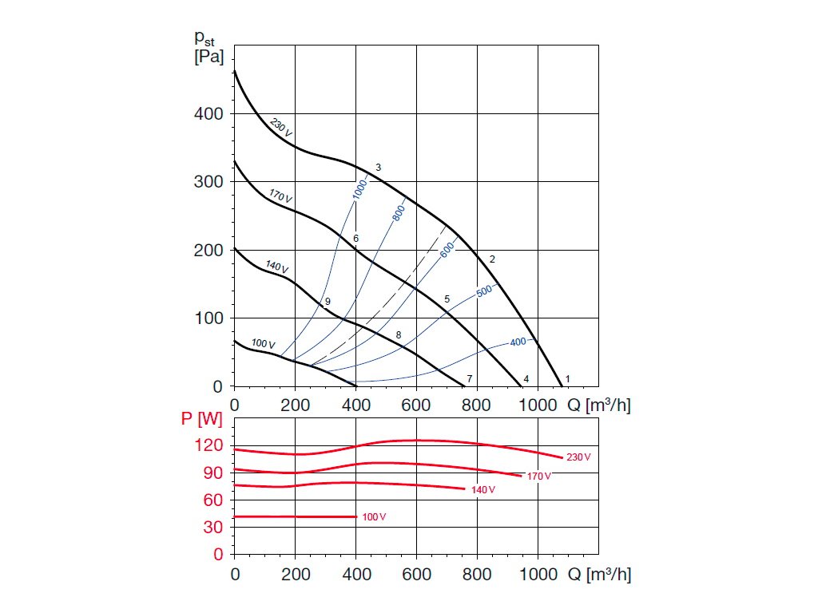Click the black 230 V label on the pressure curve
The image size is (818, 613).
(x=280, y=128)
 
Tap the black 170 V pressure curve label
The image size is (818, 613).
(x=280, y=196)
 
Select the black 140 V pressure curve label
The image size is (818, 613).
(x=276, y=267)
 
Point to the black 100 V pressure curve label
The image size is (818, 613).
(x=263, y=343)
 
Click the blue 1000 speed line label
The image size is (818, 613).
(x=359, y=189)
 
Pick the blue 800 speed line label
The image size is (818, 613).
(x=399, y=212)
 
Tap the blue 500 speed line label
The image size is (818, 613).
(x=485, y=291)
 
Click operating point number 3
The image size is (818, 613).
(x=378, y=168)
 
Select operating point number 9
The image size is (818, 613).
(x=328, y=301)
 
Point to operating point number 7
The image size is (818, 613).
(x=470, y=378)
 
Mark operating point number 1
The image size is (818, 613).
(x=568, y=378)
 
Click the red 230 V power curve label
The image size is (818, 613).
(x=578, y=457)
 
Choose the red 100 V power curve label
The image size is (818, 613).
(x=374, y=517)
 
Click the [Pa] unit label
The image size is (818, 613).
(x=209, y=57)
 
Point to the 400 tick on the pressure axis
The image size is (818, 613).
(x=208, y=114)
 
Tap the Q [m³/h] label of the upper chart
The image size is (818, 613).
(x=599, y=405)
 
